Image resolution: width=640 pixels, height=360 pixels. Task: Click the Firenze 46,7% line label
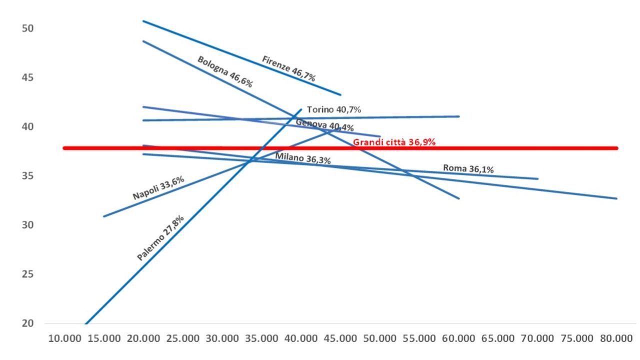pos(288,68)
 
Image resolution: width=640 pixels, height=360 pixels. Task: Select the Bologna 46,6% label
pos(224,71)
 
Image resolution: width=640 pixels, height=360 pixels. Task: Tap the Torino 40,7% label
pos(334,109)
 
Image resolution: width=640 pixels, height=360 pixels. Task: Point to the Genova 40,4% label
pos(324,125)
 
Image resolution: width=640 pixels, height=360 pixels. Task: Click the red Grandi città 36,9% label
pos(394,142)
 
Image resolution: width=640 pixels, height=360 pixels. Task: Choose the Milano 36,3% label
pos(302,159)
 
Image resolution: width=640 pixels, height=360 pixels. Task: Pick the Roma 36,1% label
pos(468,169)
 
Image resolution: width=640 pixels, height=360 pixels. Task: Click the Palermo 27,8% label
pos(160,238)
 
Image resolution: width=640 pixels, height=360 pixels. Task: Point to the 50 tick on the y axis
pos(27,28)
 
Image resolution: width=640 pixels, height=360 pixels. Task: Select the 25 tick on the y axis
pos(27,274)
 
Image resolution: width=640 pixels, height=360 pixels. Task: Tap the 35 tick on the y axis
pos(27,176)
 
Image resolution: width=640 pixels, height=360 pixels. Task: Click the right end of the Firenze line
pos(340,94)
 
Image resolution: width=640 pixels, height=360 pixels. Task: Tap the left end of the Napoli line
pos(103,216)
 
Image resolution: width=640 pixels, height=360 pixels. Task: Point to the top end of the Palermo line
pos(301,109)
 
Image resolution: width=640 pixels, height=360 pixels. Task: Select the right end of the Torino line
pos(459,116)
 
